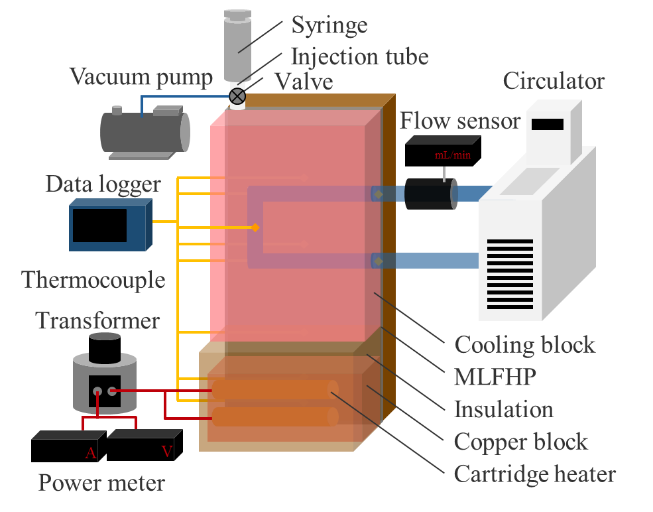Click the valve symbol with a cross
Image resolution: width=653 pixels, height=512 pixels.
click(x=237, y=97)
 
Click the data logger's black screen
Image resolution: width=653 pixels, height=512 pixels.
click(x=99, y=225)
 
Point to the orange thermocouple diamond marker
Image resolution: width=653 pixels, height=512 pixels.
click(x=255, y=227)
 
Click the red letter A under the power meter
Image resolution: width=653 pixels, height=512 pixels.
click(x=90, y=453)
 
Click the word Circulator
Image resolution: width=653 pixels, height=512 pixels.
click(x=554, y=81)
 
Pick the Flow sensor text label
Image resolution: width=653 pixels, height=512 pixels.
click(x=460, y=121)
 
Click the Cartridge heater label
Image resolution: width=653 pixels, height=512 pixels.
click(x=534, y=474)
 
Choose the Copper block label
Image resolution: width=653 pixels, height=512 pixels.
click(x=520, y=442)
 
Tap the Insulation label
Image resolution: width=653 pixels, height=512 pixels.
click(x=503, y=409)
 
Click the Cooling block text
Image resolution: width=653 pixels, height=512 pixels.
click(x=524, y=345)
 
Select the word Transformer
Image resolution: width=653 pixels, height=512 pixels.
click(x=97, y=321)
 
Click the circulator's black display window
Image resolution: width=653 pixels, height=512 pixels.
click(x=548, y=124)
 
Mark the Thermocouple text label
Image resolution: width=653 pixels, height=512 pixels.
click(x=93, y=279)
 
